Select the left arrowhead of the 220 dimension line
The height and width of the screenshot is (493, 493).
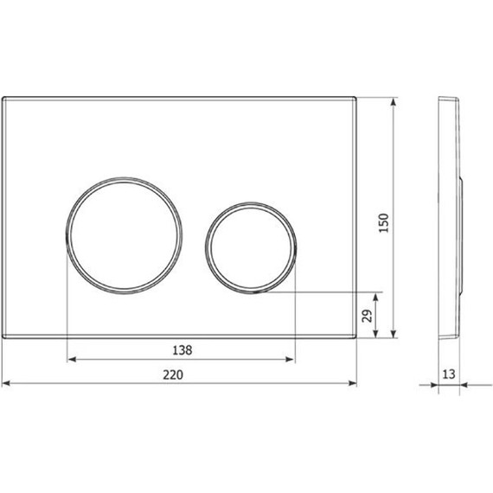click(5, 383)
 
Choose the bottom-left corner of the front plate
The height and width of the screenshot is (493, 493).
click(3, 336)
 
